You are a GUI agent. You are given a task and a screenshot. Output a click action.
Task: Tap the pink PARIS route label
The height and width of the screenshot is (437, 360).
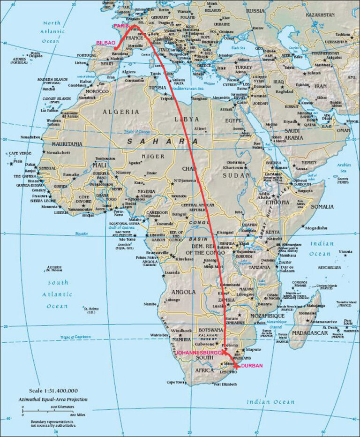121,26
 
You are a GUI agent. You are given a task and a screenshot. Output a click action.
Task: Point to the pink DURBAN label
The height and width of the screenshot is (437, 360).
252,365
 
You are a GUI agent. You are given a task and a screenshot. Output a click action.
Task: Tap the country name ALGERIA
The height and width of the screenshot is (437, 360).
120,112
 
